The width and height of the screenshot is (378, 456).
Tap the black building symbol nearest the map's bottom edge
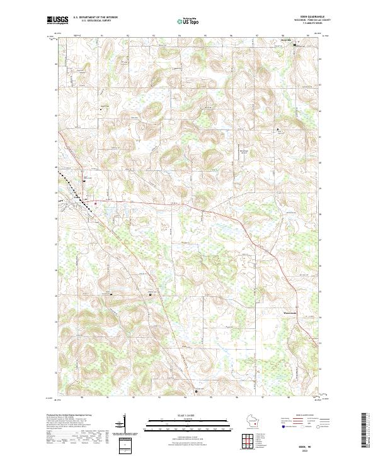pyautogui.click(x=196, y=391)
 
